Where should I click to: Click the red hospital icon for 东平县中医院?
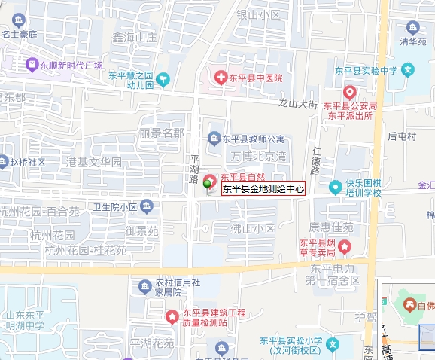[221, 78]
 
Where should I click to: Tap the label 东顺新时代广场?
[74, 65]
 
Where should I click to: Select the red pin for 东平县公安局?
[349, 92]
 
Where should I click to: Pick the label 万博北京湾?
[260, 157]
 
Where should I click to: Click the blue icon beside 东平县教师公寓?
[214, 138]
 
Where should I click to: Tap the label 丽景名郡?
[161, 133]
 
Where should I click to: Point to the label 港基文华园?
[94, 162]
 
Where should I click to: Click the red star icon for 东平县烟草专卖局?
[345, 246]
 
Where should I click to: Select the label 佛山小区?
[252, 228]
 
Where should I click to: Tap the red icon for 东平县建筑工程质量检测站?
[172, 313]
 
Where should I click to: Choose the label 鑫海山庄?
[133, 37]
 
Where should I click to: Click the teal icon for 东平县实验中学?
[408, 71]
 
